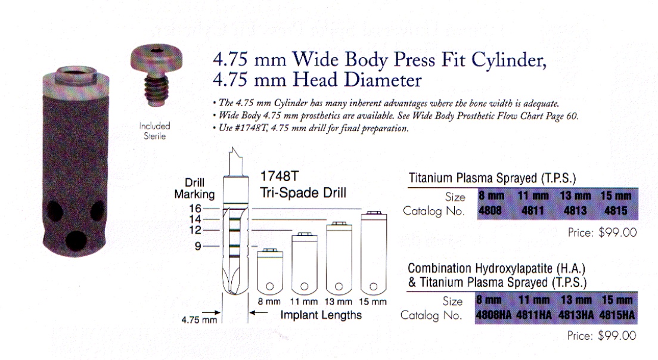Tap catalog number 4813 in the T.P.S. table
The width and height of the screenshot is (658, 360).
pos(575,210)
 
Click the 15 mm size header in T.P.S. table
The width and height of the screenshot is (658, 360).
pos(616,196)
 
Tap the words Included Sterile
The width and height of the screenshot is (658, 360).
pos(155,131)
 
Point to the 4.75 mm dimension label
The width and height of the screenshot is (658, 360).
pos(199,319)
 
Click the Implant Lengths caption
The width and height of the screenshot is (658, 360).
pos(321,315)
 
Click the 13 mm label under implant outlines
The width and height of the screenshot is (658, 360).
pos(340,302)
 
